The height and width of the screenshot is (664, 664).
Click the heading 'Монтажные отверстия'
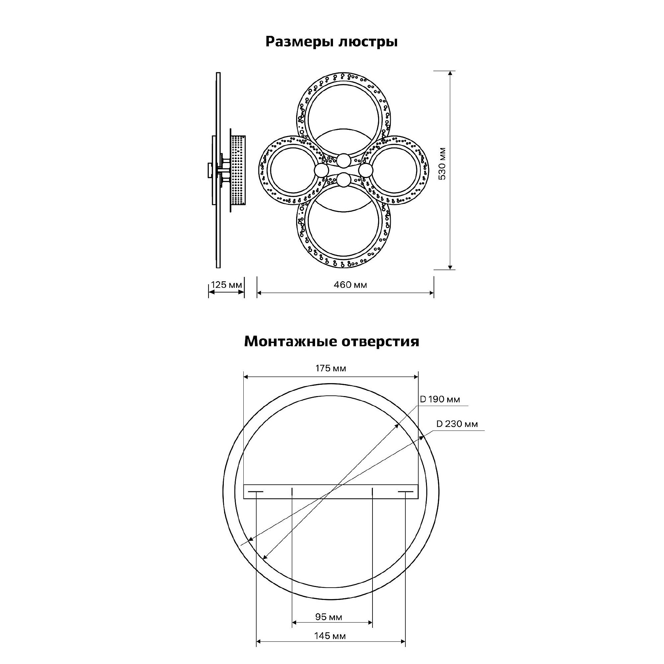[x=332, y=342]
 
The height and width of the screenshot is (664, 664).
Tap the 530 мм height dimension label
[x=442, y=164]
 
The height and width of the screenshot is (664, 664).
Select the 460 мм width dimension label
[x=350, y=285]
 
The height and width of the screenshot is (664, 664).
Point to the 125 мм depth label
[x=226, y=285]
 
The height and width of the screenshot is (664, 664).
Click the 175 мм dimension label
[x=331, y=369]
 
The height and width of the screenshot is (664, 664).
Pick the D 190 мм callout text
[x=440, y=399]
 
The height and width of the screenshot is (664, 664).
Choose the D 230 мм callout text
[x=457, y=424]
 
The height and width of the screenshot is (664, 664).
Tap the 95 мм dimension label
[x=329, y=617]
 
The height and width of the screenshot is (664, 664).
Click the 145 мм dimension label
[x=330, y=636]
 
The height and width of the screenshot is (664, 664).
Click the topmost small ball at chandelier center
[x=344, y=160]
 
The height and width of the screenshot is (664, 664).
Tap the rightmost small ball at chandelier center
[x=366, y=170]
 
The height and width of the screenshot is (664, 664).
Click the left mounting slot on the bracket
[x=256, y=492]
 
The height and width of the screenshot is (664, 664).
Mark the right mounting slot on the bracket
[x=406, y=492]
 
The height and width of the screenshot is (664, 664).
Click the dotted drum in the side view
[x=238, y=170]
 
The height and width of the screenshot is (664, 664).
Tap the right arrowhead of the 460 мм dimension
[x=431, y=293]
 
